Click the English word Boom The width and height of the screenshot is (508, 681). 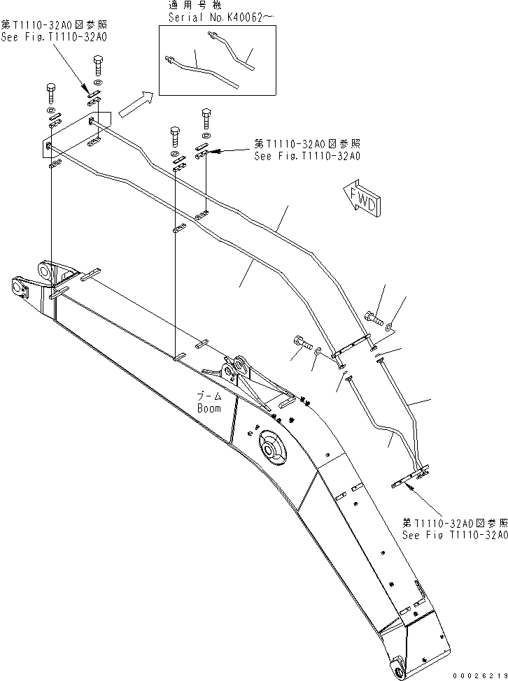[209, 408]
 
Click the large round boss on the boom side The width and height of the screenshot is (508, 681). [270, 448]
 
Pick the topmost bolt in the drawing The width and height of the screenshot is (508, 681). [98, 67]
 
